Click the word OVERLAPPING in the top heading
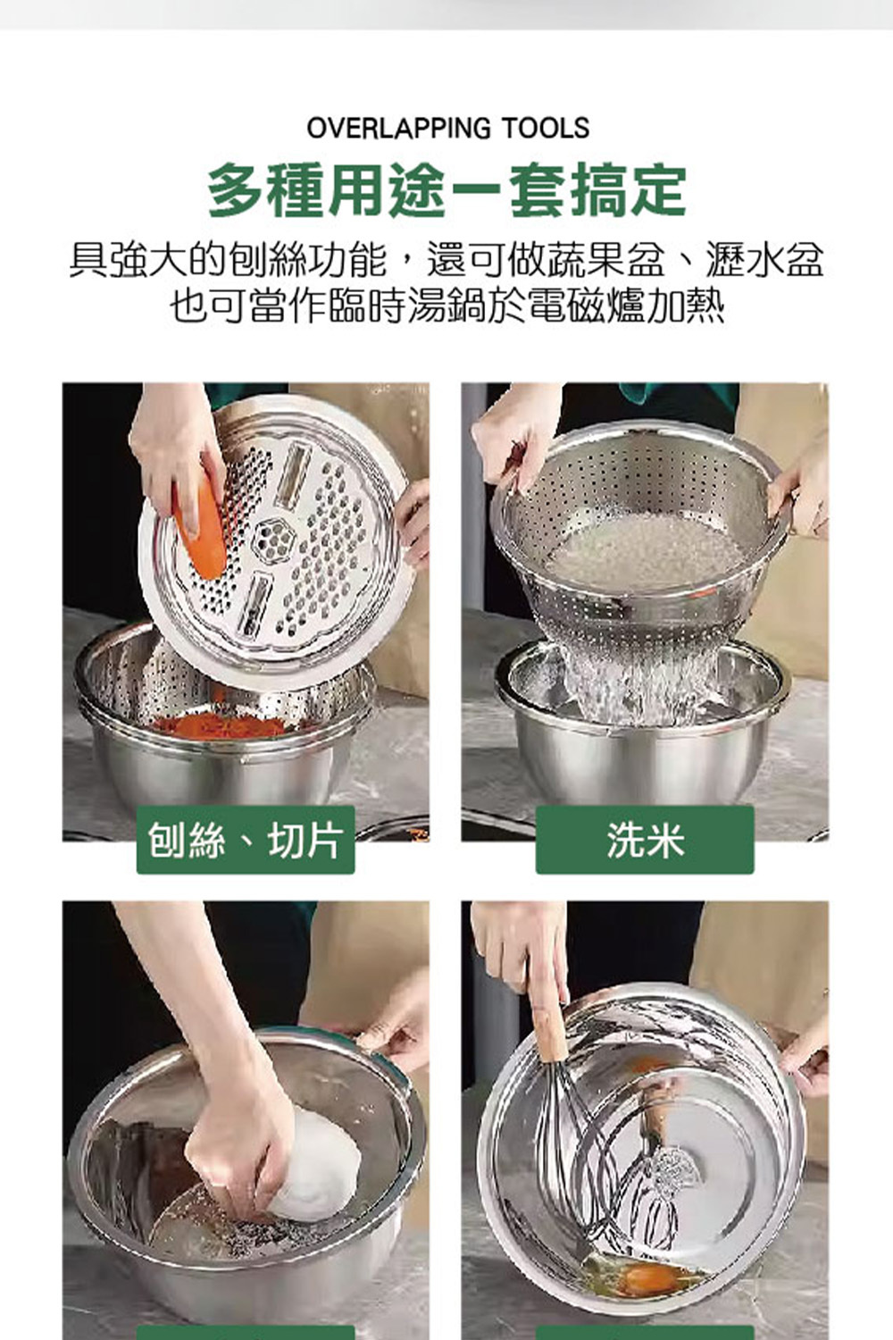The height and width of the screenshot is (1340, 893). tap(397, 128)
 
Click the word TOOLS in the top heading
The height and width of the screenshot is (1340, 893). tap(545, 128)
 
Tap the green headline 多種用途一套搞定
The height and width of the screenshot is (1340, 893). tap(446, 191)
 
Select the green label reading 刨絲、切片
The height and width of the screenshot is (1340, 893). tap(246, 840)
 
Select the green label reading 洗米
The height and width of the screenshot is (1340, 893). tap(645, 840)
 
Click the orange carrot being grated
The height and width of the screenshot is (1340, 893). tap(200, 527)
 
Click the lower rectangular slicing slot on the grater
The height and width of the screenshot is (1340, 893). tap(255, 605)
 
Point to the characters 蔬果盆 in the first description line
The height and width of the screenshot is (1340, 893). tap(606, 260)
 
